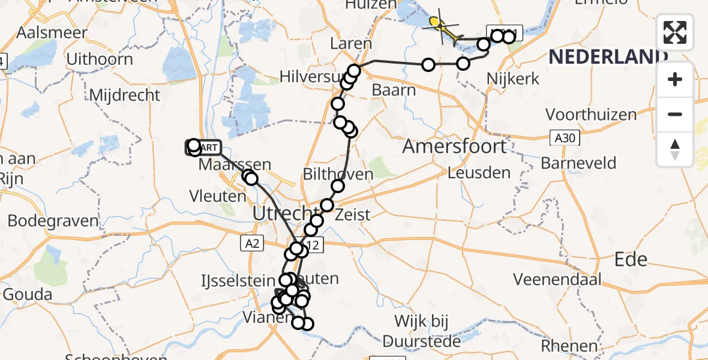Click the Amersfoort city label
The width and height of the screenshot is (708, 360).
(454, 146)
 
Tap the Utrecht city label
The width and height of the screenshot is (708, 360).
(282, 213)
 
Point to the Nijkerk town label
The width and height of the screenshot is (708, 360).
(513, 79)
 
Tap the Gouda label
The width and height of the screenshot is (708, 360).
(28, 295)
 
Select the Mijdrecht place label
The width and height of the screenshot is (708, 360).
(125, 95)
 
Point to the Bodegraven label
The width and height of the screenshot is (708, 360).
(53, 220)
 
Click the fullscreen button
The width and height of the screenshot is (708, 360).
(675, 32)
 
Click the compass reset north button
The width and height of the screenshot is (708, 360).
(675, 149)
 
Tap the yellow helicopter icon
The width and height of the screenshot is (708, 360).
(442, 26)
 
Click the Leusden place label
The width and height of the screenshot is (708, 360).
(479, 173)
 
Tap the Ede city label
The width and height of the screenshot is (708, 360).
(631, 259)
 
